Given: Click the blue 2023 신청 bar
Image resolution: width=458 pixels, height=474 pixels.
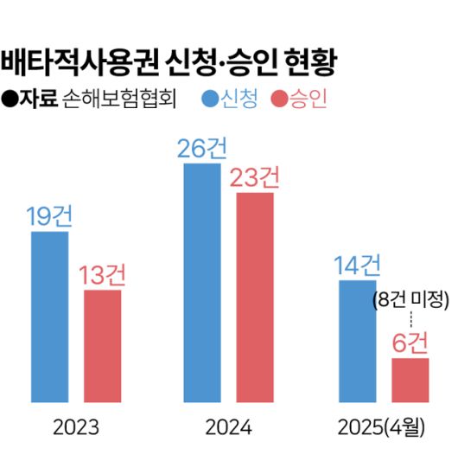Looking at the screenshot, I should tap(50, 317).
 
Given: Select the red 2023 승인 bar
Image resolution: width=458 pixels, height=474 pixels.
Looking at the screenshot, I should tap(102, 346).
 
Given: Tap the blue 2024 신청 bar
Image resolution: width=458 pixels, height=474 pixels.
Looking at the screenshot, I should tap(202, 282).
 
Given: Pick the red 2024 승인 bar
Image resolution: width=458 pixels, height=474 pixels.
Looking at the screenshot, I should tap(255, 298).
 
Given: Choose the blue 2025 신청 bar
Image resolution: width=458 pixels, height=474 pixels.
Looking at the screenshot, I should tap(357, 342).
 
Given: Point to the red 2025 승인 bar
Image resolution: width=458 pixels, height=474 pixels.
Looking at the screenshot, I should tap(410, 381).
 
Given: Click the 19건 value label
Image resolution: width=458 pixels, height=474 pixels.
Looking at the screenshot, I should tap(51, 216).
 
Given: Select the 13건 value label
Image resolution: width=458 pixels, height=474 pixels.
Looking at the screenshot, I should tap(103, 275).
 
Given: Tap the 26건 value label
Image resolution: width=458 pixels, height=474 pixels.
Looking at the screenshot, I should tap(202, 148).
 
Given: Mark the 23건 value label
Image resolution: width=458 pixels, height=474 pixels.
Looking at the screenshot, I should tap(255, 177).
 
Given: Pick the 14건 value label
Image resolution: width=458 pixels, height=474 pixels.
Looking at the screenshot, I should tap(357, 265).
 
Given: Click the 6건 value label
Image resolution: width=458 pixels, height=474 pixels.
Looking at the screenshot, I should tap(410, 343).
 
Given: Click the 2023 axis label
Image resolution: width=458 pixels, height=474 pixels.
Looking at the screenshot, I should tap(76, 428).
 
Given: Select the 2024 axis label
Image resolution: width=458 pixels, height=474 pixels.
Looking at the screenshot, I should tap(228, 428).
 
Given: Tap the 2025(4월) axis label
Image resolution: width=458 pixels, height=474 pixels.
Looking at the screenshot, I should tap(383, 428).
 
